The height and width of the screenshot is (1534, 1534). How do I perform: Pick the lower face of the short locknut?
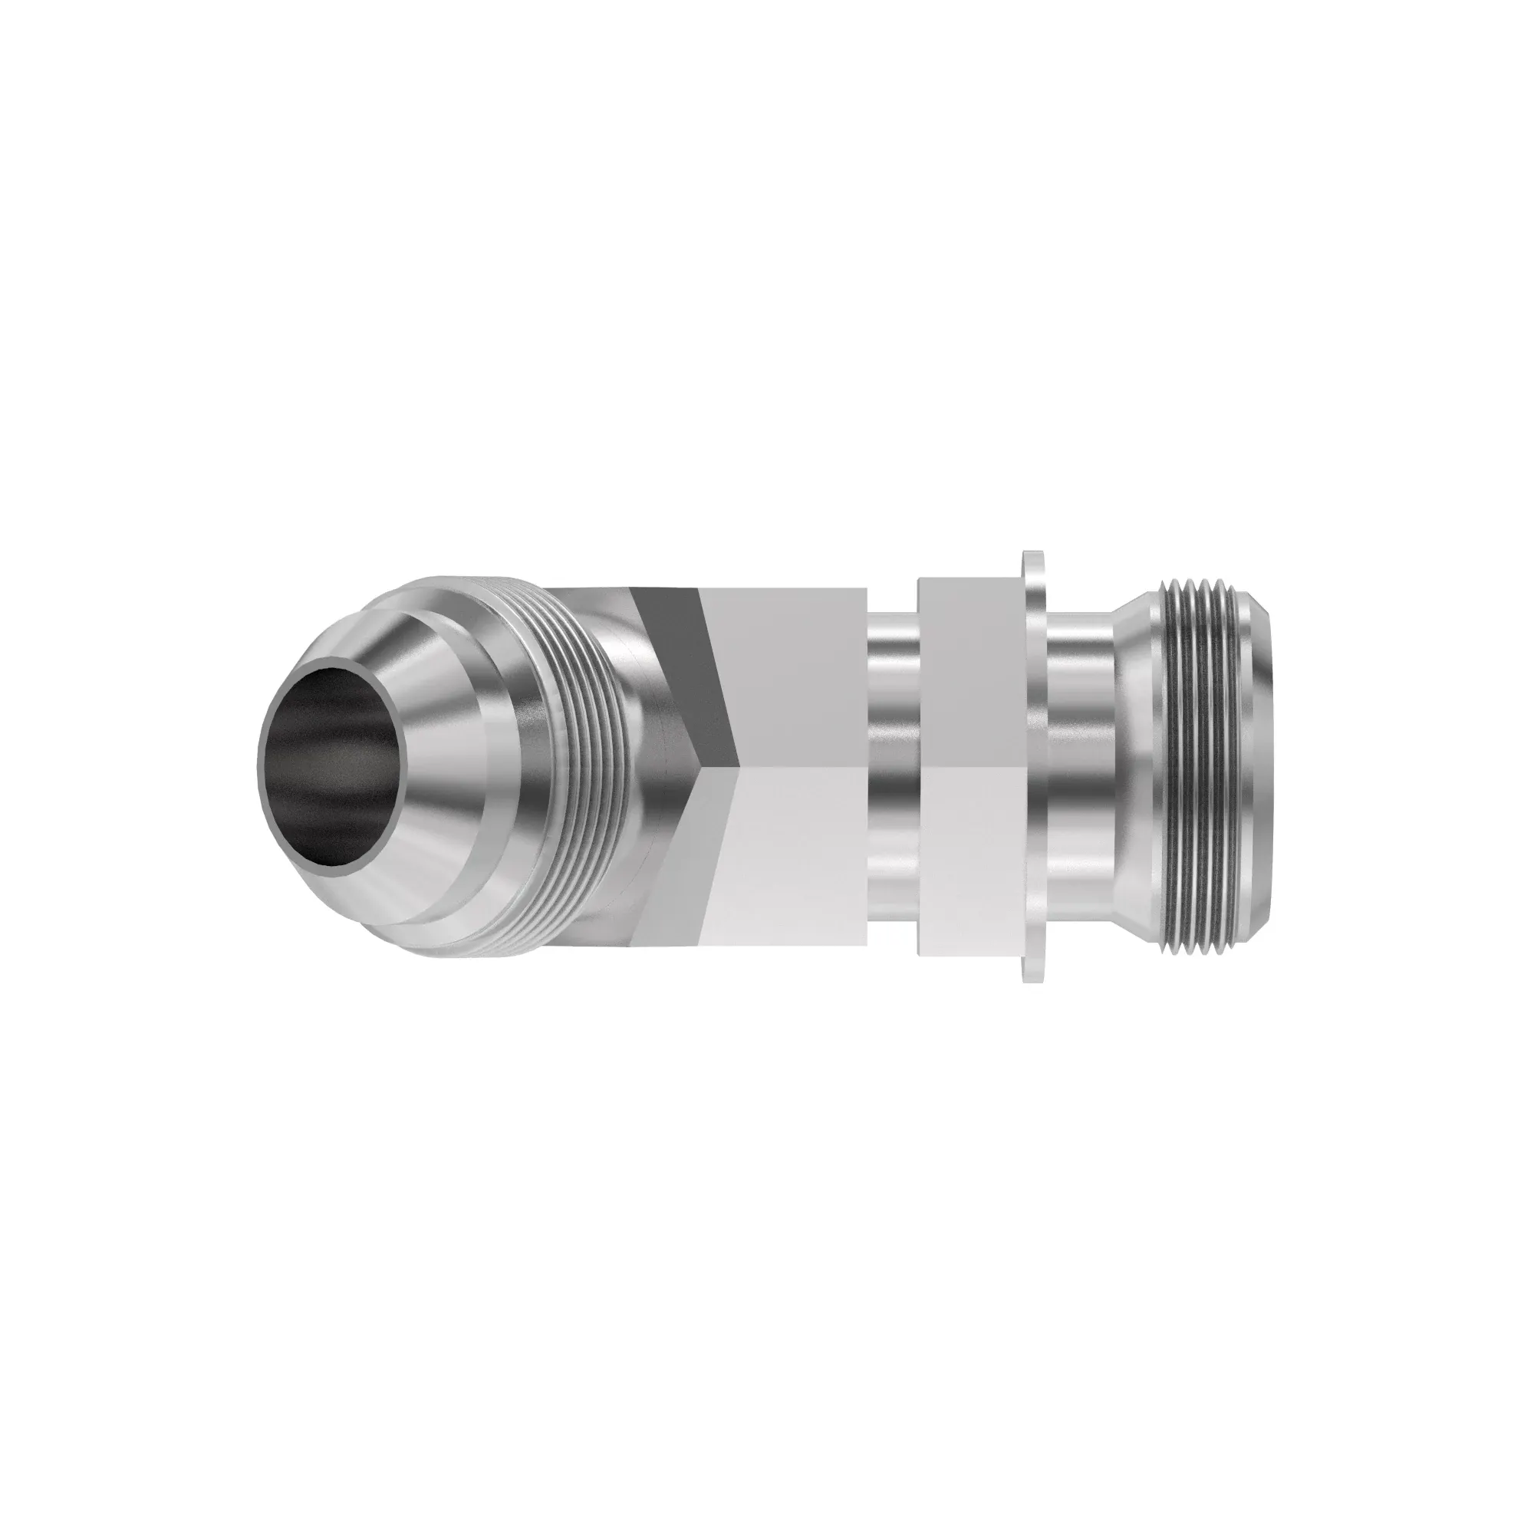click(965, 865)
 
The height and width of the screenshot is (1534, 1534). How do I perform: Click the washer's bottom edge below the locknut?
click(1032, 970)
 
